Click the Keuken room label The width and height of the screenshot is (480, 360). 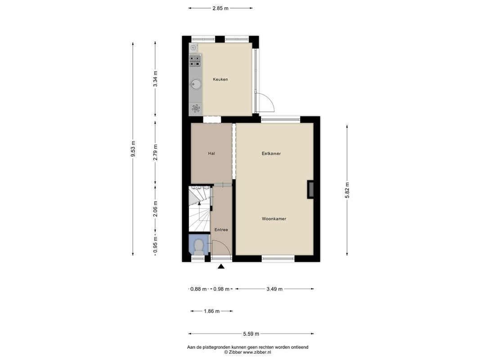click(220, 79)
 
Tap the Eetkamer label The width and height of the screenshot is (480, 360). click(271, 153)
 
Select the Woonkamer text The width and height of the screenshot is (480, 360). click(274, 219)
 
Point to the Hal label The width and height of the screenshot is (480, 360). click(211, 153)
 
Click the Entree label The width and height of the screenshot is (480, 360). click(221, 229)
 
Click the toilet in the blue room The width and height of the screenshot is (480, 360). click(199, 247)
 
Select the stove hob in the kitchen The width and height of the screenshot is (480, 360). click(195, 60)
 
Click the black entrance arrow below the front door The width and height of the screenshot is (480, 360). click(221, 266)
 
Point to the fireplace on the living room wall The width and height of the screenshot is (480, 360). click(310, 189)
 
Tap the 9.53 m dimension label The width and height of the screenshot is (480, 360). click(133, 149)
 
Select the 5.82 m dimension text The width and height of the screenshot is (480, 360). click(347, 190)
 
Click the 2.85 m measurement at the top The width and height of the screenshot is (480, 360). click(220, 8)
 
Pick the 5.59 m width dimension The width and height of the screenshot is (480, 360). click(251, 333)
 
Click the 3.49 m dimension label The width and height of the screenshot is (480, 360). click(274, 288)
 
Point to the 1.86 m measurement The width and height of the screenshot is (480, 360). click(211, 311)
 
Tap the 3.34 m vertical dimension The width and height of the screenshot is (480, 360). click(155, 79)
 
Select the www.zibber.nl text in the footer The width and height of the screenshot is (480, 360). click(257, 352)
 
